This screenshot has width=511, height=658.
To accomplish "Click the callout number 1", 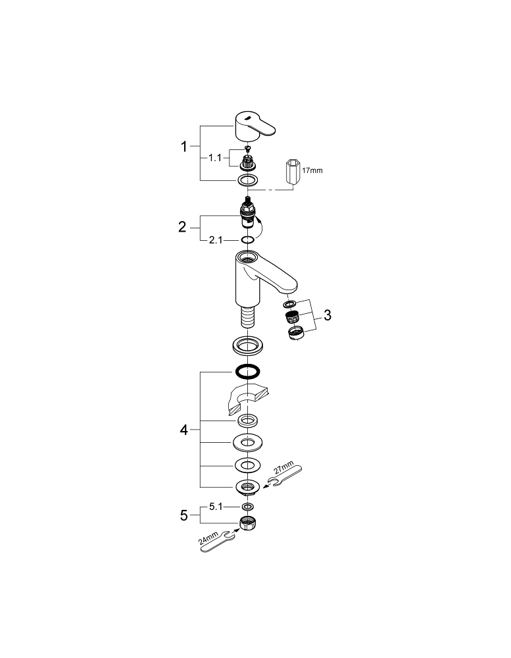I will (x=185, y=146).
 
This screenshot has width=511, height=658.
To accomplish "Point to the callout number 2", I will (x=183, y=228).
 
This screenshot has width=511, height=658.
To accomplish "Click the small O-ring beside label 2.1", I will (x=247, y=240).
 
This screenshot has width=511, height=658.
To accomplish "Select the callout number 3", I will (x=328, y=315).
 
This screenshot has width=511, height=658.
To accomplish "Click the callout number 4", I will (x=184, y=430).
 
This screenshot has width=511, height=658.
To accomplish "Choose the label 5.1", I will (x=217, y=507).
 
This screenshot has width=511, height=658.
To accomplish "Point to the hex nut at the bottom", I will (x=247, y=524).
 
